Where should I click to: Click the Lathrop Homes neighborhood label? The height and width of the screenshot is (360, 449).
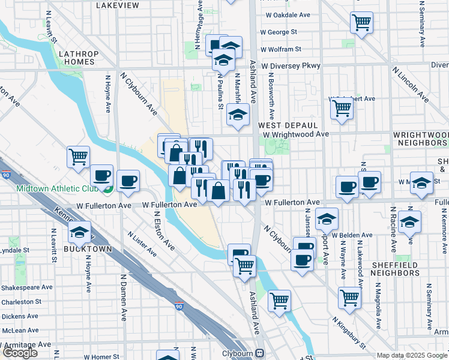77,58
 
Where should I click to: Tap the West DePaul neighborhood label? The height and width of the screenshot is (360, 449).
287,125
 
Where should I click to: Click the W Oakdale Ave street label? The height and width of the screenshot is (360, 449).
285,15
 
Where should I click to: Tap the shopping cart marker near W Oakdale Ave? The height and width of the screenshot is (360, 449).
361,23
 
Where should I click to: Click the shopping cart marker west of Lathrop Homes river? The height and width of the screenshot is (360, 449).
78,157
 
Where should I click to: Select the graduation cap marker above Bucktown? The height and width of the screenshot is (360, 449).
78,232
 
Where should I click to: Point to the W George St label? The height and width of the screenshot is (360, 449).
279,32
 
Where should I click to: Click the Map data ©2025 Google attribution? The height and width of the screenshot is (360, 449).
412,355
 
